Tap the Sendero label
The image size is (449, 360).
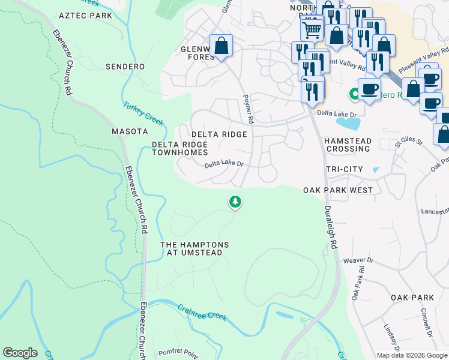pyautogui.click(x=126, y=66)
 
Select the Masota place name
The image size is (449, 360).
pyautogui.click(x=130, y=131)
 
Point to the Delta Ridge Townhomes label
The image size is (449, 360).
pyautogui.click(x=179, y=149)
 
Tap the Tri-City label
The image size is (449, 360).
pyautogui.click(x=344, y=169)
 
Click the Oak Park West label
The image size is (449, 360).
pyautogui.click(x=338, y=190)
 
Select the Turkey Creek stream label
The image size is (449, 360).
pyautogui.click(x=143, y=113)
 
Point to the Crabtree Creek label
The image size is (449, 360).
pyautogui.click(x=202, y=312)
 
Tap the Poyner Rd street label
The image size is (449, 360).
pyautogui.click(x=249, y=109)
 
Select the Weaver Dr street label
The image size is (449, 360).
pyautogui.click(x=358, y=260)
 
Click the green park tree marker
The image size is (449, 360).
pyautogui.click(x=235, y=202)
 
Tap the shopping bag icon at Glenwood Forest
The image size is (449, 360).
pyautogui.click(x=221, y=46)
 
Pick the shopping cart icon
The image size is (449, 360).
pyautogui.click(x=312, y=28)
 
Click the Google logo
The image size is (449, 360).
pyautogui.click(x=20, y=353)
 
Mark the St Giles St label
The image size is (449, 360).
pyautogui.click(x=406, y=143)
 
